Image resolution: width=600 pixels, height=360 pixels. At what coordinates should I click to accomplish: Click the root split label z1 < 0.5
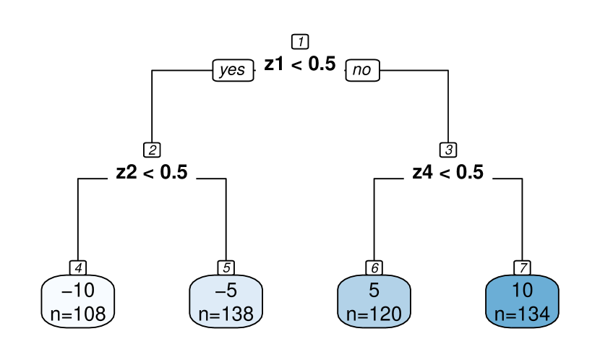(x=300, y=64)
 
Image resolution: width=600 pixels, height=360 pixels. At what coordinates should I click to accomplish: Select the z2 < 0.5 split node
(x=152, y=172)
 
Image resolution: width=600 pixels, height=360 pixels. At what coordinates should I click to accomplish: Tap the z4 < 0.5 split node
(x=447, y=172)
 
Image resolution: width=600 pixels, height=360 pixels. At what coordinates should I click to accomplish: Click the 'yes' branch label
(x=233, y=70)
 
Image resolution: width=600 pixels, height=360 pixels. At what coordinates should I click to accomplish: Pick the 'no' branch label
(x=362, y=70)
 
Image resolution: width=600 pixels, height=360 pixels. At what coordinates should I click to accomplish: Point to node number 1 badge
(x=300, y=41)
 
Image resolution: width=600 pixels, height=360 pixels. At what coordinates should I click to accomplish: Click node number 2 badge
(x=152, y=150)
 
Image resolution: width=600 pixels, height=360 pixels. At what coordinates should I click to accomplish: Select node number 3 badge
(x=448, y=150)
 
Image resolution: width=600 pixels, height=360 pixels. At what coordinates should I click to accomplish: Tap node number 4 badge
(x=78, y=267)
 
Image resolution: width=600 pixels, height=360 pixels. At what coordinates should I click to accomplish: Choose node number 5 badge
(x=226, y=267)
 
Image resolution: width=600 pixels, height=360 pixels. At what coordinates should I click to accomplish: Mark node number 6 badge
(x=374, y=267)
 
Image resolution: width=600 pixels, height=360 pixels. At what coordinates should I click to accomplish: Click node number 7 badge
(x=522, y=267)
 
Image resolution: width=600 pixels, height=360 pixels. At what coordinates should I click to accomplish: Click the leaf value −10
(x=78, y=291)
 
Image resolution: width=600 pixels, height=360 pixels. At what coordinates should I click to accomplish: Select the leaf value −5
(x=226, y=291)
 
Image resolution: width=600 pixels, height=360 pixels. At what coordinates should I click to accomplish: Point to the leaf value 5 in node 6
(x=374, y=291)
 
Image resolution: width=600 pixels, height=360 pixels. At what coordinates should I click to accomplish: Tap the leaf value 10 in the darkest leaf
(x=522, y=291)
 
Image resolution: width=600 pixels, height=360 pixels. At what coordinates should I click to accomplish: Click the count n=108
(x=78, y=314)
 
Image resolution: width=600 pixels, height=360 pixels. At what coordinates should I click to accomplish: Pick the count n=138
(x=226, y=314)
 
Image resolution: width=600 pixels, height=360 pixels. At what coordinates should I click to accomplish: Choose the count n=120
(x=374, y=314)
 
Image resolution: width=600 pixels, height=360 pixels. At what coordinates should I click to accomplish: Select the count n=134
(x=522, y=314)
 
